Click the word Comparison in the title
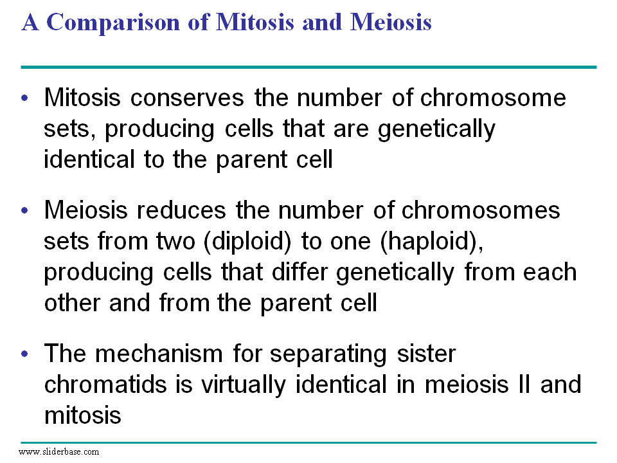click(113, 23)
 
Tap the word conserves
click(187, 98)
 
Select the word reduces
click(181, 210)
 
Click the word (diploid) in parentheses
click(247, 241)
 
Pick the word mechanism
click(159, 353)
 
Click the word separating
click(328, 354)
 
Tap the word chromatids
click(105, 385)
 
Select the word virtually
click(244, 385)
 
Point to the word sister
click(427, 353)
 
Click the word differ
click(300, 271)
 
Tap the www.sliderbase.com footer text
click(59, 451)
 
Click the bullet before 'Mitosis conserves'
click(25, 97)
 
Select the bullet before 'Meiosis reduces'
click(25, 210)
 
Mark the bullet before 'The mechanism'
click(25, 353)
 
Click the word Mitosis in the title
click(255, 23)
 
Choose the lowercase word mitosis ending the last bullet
click(83, 415)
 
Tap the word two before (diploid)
click(175, 241)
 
